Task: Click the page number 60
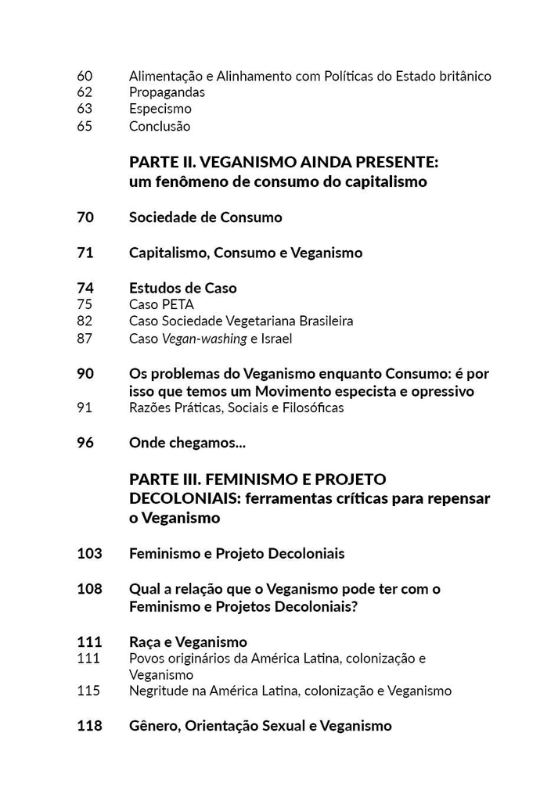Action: [x=85, y=76]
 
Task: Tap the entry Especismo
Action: [x=160, y=110]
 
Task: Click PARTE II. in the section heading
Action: [x=162, y=163]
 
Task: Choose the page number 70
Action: [x=85, y=217]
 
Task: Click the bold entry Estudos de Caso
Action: [x=182, y=288]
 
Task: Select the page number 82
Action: [x=85, y=321]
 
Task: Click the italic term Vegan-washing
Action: [x=203, y=339]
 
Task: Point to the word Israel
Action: [x=278, y=339]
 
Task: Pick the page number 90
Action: [x=85, y=374]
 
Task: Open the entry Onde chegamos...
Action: [x=187, y=443]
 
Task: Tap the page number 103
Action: [x=89, y=554]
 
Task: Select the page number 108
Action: [x=89, y=588]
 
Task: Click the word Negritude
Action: [x=160, y=691]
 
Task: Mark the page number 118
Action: [x=89, y=726]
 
